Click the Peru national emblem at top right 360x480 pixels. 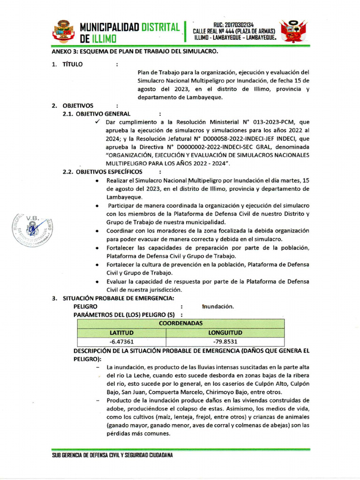[x=293, y=31]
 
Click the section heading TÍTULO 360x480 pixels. [x=72, y=64]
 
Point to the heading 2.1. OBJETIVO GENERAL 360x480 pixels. [x=97, y=113]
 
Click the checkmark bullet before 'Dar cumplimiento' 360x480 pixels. [x=97, y=122]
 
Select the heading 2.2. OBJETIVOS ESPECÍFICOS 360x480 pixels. [x=102, y=172]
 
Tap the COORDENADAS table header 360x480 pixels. [x=180, y=323]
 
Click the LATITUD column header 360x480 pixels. [x=121, y=333]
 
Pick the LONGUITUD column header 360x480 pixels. [x=225, y=333]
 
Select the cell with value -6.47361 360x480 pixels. [x=121, y=342]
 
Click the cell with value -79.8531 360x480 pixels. [x=225, y=342]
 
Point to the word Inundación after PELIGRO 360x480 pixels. [x=218, y=307]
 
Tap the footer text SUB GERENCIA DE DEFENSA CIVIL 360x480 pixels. [x=112, y=456]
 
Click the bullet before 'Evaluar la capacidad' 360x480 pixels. [x=97, y=282]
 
